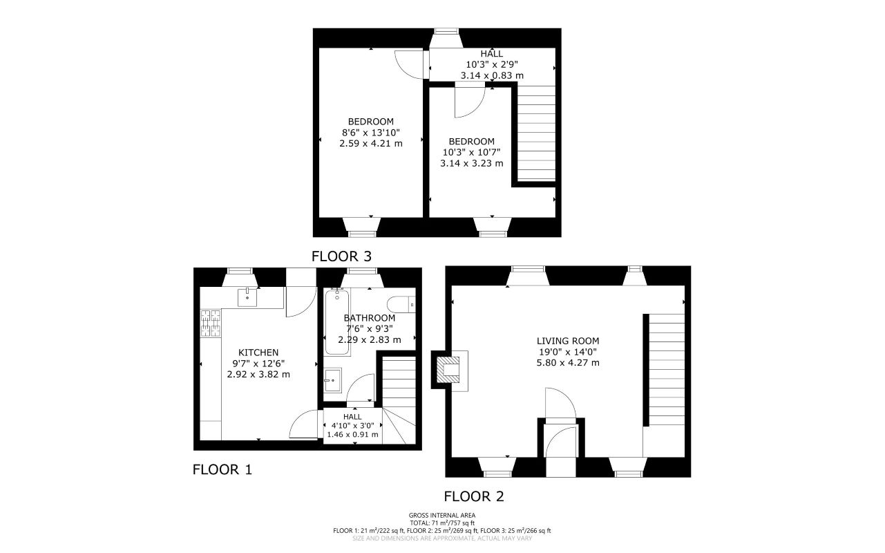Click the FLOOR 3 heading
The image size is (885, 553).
341,256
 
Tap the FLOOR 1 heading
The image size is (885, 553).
222,470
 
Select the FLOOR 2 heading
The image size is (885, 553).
473,496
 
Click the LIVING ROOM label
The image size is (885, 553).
567,341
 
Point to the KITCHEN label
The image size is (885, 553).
258,352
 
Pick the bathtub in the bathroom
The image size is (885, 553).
337,321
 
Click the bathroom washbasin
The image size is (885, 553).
332,379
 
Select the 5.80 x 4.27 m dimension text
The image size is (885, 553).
568,362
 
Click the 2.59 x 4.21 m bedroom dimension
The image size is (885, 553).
371,143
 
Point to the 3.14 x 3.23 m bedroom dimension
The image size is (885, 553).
471,164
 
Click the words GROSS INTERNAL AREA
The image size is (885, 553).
442,515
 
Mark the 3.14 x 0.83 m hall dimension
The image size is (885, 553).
492,75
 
